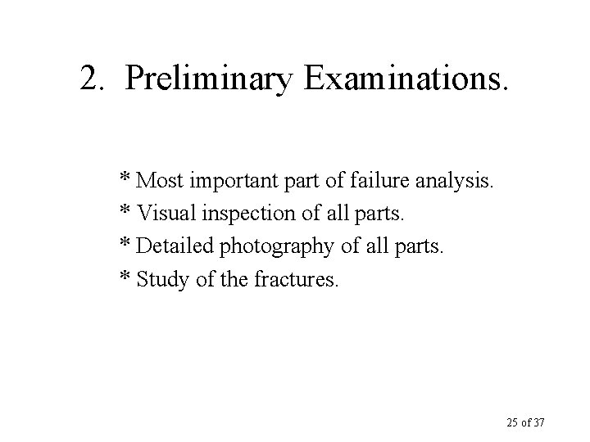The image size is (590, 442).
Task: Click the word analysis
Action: [x=451, y=180]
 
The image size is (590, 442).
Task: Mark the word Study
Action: [x=159, y=280]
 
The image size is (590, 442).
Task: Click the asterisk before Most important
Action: [x=127, y=178]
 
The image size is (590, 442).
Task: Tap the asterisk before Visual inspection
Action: [x=127, y=211]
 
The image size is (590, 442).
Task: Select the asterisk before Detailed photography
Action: [x=127, y=245]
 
